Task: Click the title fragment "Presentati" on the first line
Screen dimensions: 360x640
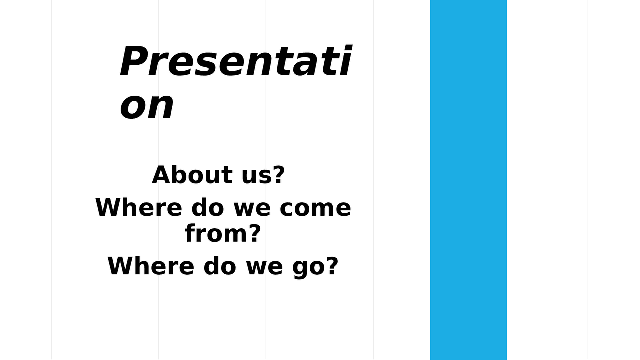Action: click(x=235, y=62)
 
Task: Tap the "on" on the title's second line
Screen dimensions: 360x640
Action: click(x=147, y=106)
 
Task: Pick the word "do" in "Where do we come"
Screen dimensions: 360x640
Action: click(x=208, y=207)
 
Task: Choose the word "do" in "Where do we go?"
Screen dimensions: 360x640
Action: click(x=220, y=266)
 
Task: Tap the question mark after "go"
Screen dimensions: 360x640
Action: click(x=332, y=266)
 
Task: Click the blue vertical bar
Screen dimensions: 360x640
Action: click(x=468, y=180)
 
